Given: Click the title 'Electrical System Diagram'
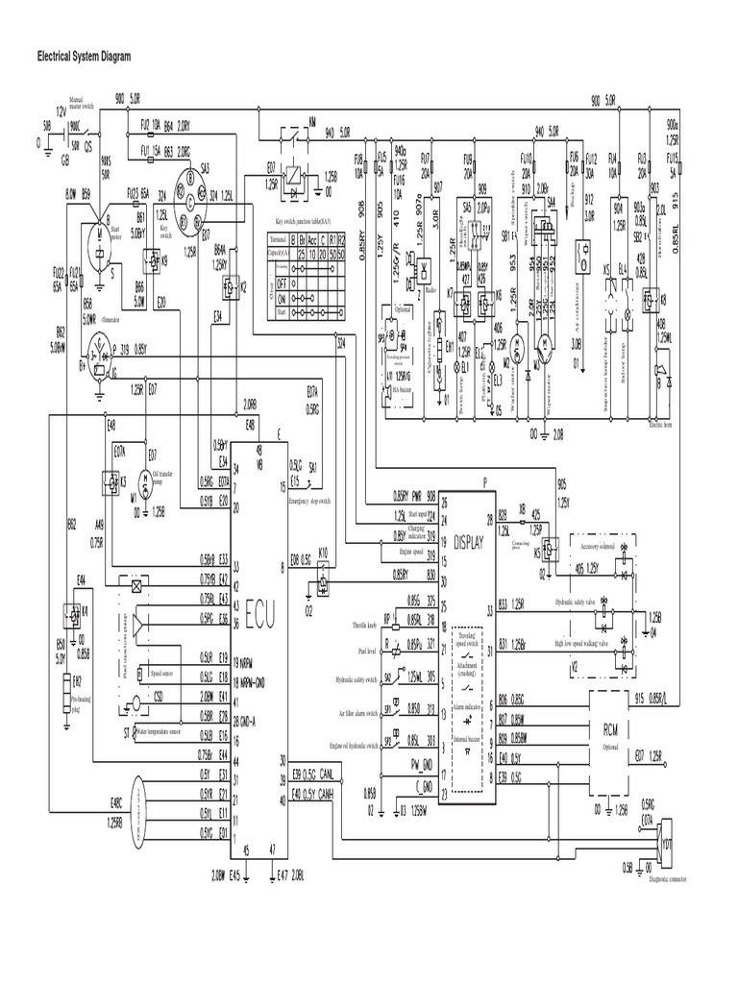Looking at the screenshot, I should (84, 57).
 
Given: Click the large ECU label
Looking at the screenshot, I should (258, 610).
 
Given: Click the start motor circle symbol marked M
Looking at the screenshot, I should (99, 238).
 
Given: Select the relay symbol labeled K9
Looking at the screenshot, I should (152, 258).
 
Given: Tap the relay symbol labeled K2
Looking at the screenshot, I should (230, 286).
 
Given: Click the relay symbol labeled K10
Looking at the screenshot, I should (324, 575).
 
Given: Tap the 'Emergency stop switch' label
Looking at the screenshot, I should (309, 501).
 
